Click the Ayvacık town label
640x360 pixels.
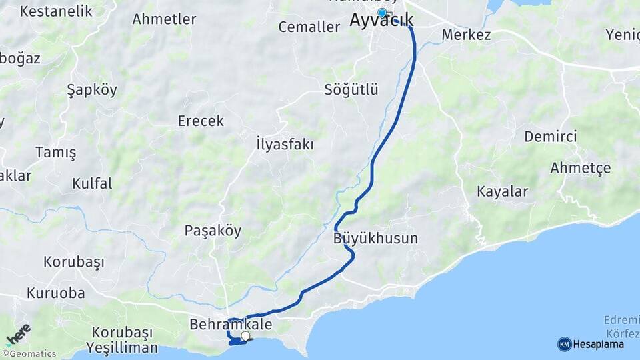[x=381, y=21]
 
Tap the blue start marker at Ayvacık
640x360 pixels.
[x=381, y=13]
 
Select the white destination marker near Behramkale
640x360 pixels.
[x=245, y=336]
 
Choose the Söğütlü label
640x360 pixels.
[x=351, y=89]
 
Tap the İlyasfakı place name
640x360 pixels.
[x=285, y=144]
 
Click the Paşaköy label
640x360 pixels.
[x=213, y=231]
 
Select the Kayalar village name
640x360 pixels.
[x=502, y=191]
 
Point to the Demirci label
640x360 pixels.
[x=550, y=136]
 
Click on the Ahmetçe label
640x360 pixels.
[x=580, y=168]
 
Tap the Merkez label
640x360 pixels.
[x=466, y=35]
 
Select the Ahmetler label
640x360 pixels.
[x=164, y=19]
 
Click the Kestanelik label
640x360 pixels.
[x=55, y=11]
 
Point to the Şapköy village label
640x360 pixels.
[x=92, y=90]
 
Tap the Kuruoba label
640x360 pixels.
[x=56, y=293]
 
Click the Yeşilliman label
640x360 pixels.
[x=122, y=347]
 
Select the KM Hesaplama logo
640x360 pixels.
[x=591, y=344]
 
